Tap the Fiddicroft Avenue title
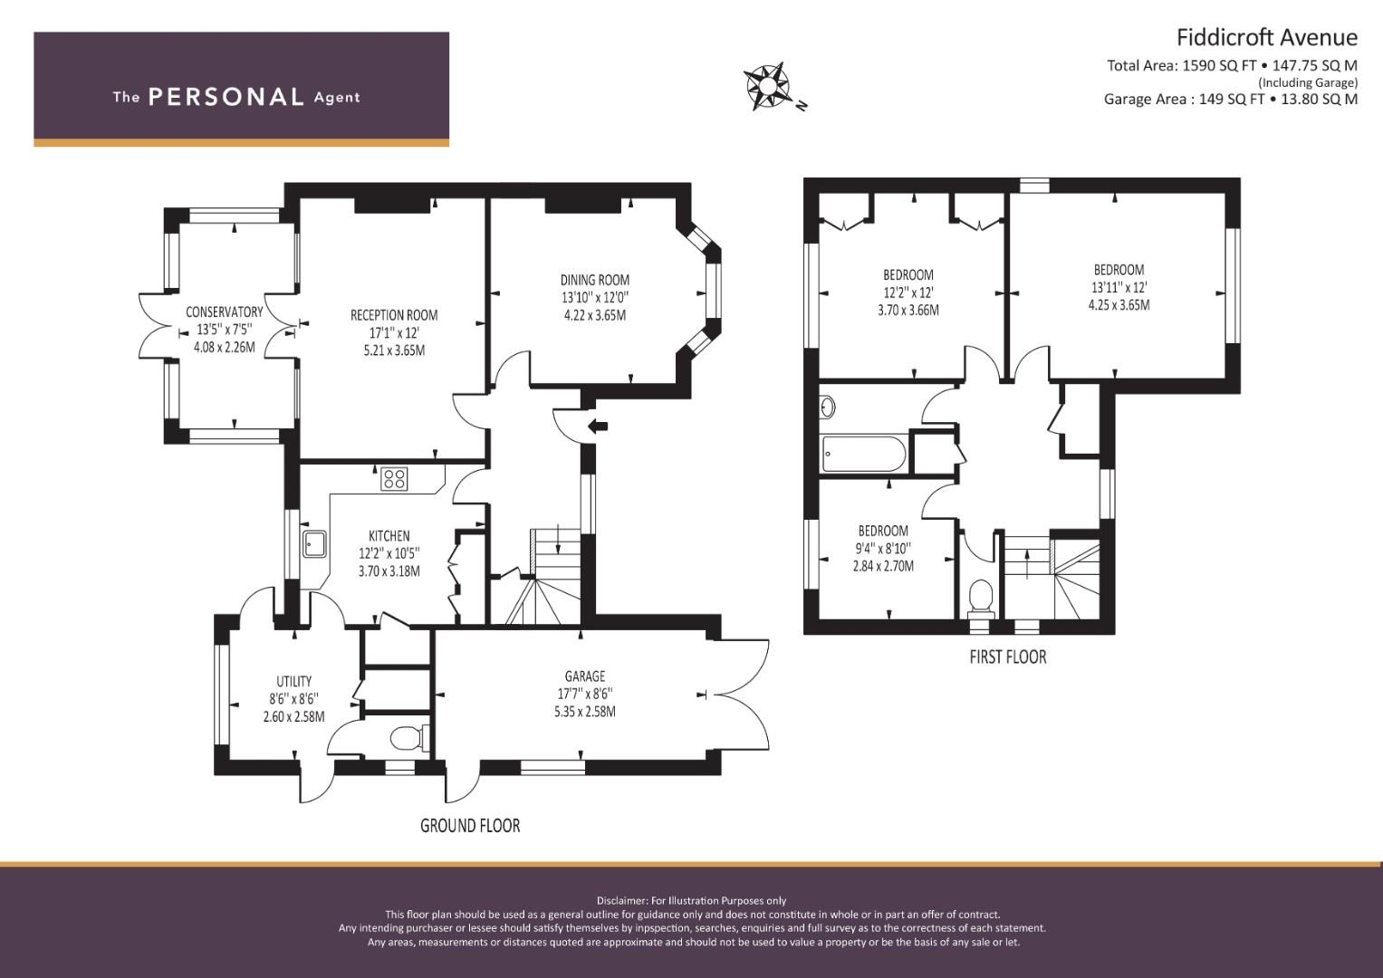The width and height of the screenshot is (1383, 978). (x=1266, y=37)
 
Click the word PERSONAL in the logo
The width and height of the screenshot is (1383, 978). (x=226, y=97)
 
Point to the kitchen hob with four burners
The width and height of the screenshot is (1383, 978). (x=394, y=478)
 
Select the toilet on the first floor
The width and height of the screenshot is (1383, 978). (x=980, y=598)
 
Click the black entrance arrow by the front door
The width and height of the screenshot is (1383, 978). (x=598, y=426)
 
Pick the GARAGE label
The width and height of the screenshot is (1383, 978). (x=584, y=676)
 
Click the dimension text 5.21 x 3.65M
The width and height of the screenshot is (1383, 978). (x=394, y=350)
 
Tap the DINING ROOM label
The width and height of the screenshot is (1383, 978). (x=594, y=280)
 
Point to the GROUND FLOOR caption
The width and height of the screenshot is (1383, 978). (x=470, y=826)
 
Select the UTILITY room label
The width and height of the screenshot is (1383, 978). (x=293, y=681)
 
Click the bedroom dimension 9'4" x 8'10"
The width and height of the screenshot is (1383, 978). (x=883, y=548)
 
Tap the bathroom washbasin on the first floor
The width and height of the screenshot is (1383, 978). (x=827, y=407)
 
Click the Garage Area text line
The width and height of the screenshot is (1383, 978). (x=1230, y=100)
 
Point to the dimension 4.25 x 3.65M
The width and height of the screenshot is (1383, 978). (x=1119, y=305)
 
